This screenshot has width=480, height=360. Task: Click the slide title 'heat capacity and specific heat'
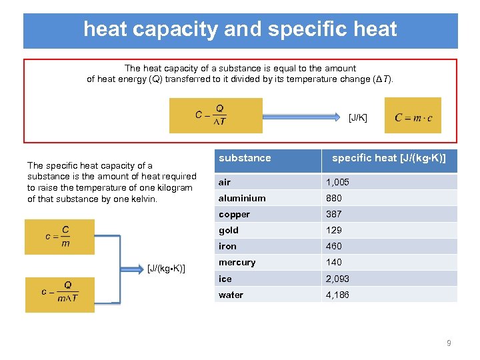click(x=240, y=29)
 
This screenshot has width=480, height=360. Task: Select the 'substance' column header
click(x=245, y=158)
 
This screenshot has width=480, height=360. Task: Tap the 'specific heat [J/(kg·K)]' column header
click(x=389, y=158)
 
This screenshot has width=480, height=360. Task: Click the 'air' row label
click(x=225, y=182)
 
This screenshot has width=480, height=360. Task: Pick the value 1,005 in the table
click(x=337, y=182)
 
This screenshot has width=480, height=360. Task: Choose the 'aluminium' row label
click(x=242, y=198)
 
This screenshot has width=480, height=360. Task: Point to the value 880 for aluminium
click(x=333, y=198)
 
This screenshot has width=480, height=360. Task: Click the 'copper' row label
click(x=234, y=214)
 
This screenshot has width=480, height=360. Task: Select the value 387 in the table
click(x=333, y=214)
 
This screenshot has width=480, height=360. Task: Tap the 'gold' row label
click(x=228, y=230)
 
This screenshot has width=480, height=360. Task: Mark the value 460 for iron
click(x=333, y=246)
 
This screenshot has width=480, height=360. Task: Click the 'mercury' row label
click(x=237, y=262)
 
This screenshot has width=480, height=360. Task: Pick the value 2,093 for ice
click(x=337, y=279)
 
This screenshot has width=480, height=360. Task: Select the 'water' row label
click(x=231, y=295)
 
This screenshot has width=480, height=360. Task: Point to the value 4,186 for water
click(x=337, y=295)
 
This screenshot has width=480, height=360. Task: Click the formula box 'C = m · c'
click(x=413, y=116)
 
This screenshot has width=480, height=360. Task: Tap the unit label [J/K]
click(x=357, y=117)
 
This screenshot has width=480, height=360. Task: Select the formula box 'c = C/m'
click(x=59, y=237)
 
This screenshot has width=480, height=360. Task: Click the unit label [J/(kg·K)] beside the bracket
click(x=166, y=269)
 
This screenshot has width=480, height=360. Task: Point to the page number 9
click(x=449, y=343)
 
